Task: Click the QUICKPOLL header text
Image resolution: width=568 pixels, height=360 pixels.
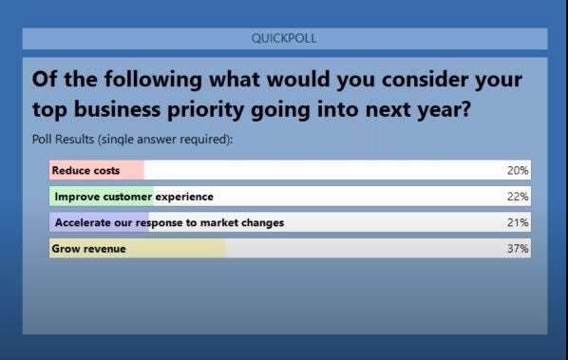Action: click(285, 39)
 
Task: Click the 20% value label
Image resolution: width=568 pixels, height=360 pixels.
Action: click(518, 171)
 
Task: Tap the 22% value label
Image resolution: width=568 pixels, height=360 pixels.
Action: click(518, 197)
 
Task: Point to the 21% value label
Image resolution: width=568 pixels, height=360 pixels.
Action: click(518, 222)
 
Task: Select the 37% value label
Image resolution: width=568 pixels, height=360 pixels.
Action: click(518, 249)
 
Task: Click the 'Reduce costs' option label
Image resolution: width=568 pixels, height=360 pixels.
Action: click(85, 171)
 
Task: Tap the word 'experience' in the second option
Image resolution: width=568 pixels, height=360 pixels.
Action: click(184, 197)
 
